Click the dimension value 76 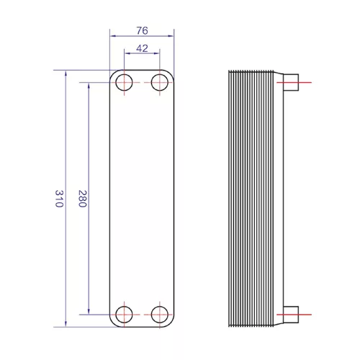pos(142,31)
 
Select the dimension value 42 pos(142,48)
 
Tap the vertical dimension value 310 pos(59,199)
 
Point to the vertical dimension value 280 pos(82,199)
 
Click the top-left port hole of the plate pos(124,82)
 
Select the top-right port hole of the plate pos(160,82)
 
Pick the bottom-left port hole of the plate pos(124,315)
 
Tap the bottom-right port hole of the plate pos(160,315)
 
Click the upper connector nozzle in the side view pos(291,82)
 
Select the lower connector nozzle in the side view pos(291,315)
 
